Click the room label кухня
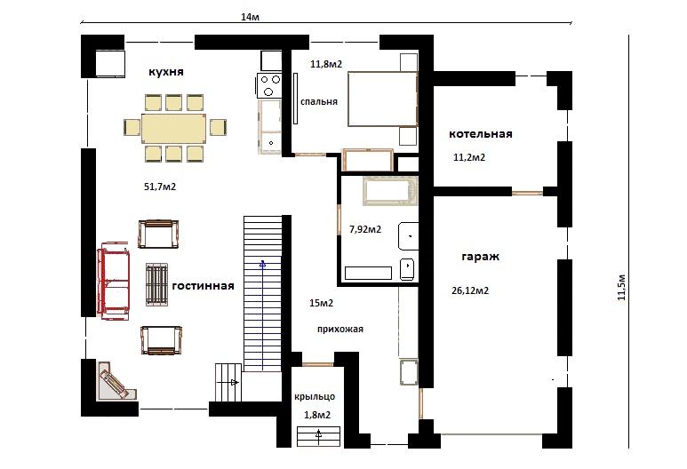pos(166,72)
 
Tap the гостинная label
pos(204,286)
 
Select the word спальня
pos(319,101)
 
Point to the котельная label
pos(481,134)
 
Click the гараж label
pos(481,257)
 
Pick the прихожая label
pos(340,330)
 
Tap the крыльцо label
pos(315,397)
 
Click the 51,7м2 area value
pos(160,187)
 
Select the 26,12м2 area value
pos(470,290)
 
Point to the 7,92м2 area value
pos(365,229)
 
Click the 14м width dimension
pos(250,17)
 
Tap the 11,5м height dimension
pos(622,287)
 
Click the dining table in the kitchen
pos(174,128)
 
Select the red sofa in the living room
pos(114,281)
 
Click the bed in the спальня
pos(382,99)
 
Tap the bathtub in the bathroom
pos(390,190)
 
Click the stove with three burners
pos(269,85)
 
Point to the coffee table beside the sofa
pos(156,284)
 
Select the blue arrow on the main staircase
pos(262,314)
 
